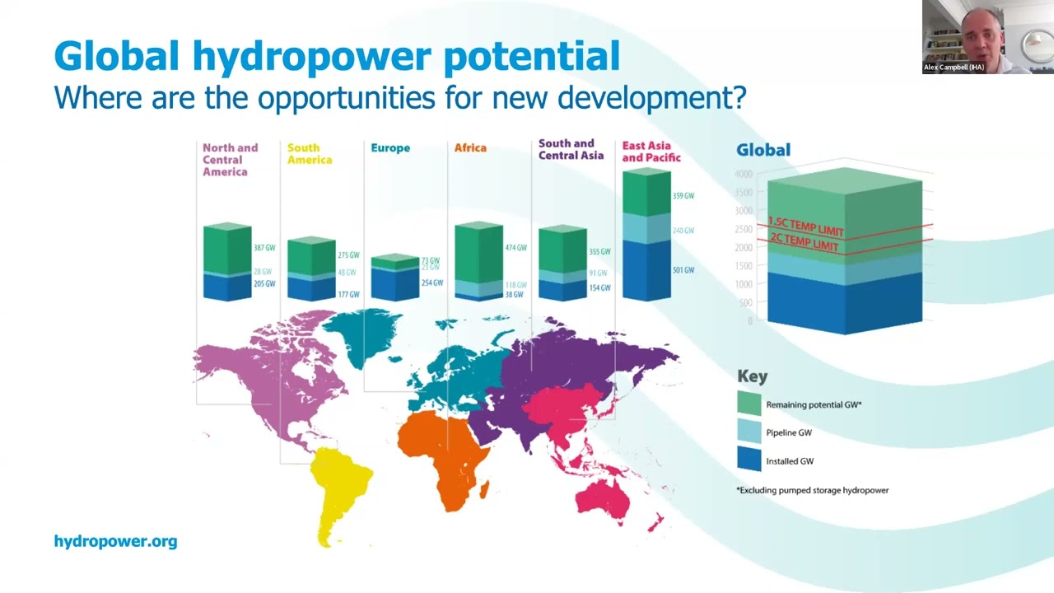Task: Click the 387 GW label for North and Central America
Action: (x=264, y=248)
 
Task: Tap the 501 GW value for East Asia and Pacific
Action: (x=683, y=270)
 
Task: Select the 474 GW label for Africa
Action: (x=515, y=248)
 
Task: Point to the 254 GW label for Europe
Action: (x=431, y=282)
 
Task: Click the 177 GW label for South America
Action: (x=348, y=294)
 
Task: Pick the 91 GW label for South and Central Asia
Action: (x=599, y=273)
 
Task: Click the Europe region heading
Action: (x=389, y=148)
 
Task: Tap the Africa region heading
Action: (x=470, y=148)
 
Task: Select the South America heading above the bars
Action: (x=309, y=154)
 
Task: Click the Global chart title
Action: (x=763, y=150)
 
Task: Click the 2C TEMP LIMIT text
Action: (x=803, y=242)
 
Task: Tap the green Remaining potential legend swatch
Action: (x=749, y=404)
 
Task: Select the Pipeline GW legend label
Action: (x=788, y=432)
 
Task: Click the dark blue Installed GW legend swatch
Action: (x=749, y=460)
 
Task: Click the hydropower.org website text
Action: (x=115, y=541)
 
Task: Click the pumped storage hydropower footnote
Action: (x=812, y=490)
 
